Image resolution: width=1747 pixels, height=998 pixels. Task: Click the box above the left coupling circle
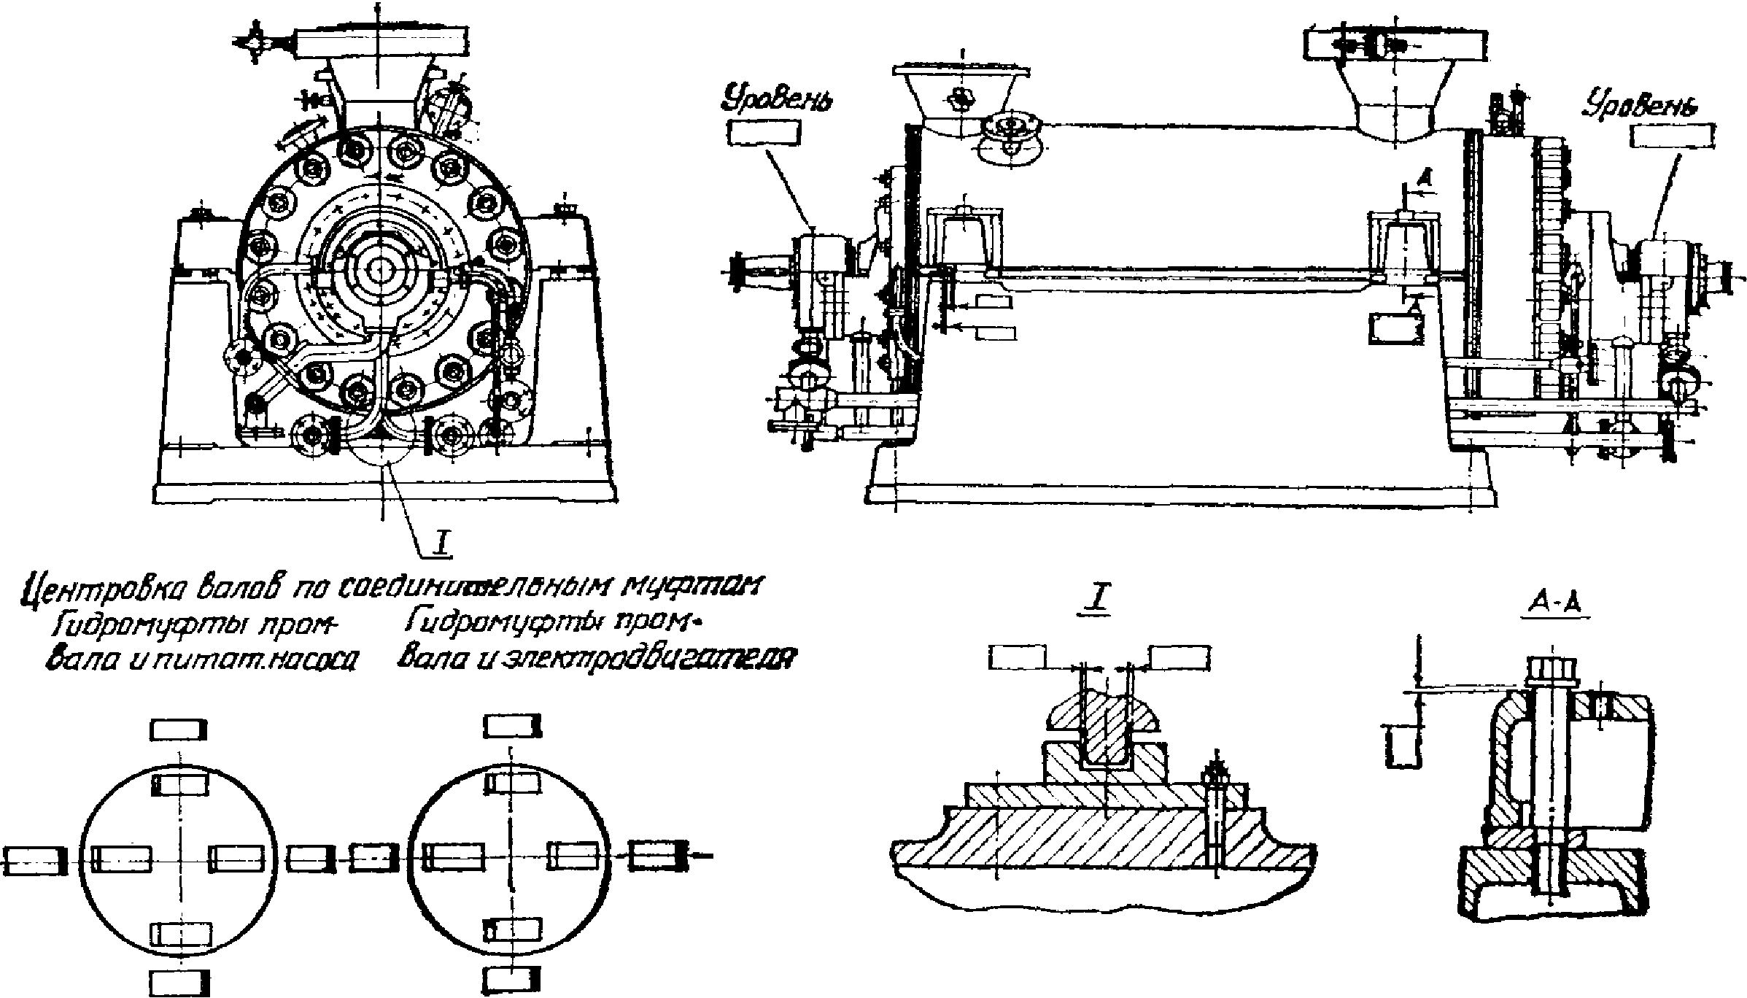click(179, 729)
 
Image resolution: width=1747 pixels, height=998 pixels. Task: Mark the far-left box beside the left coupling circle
click(35, 859)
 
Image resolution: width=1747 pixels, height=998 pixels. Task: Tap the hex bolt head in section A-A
click(1551, 668)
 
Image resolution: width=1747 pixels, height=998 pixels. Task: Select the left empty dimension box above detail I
click(1018, 657)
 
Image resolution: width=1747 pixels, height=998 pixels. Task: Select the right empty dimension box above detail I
click(1179, 657)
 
